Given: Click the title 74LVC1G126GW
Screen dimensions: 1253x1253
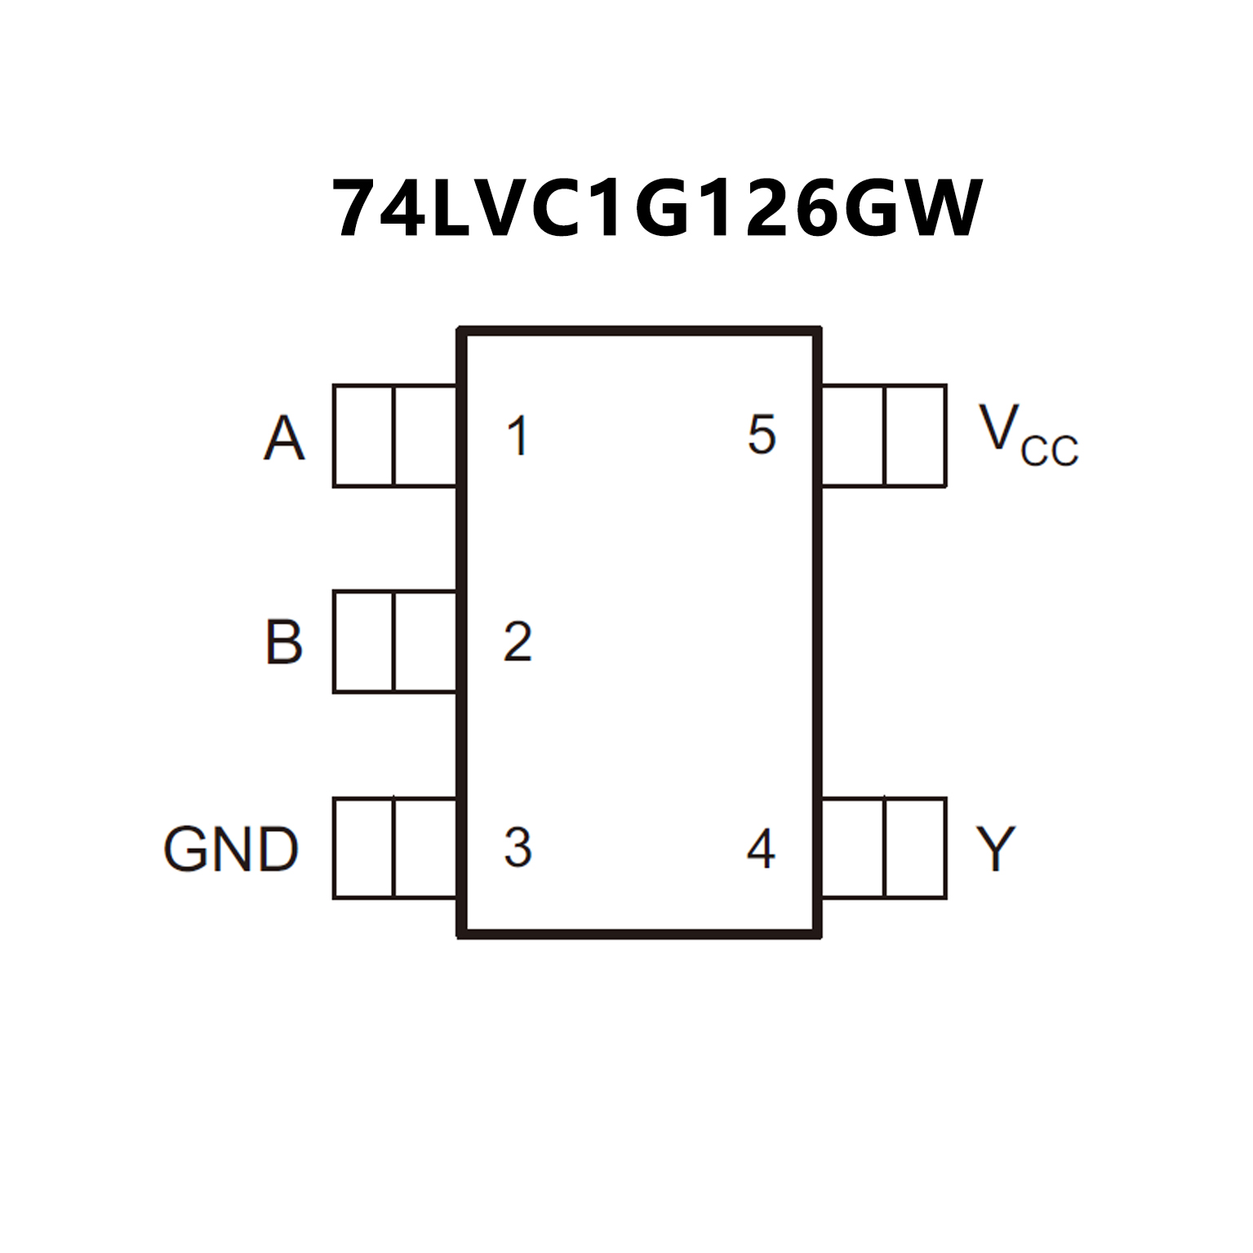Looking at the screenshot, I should pos(657,208).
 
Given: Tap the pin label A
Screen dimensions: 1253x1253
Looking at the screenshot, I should pos(284,438).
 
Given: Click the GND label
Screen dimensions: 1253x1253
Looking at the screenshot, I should pos(231,849).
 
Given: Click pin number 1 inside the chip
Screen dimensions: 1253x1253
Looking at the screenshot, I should pos(518,436).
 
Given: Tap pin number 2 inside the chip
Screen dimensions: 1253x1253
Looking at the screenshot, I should pos(518,642).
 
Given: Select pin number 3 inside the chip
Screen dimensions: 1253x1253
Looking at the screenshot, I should pos(518,847).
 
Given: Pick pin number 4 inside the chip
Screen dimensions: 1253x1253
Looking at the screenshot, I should pos(760,849).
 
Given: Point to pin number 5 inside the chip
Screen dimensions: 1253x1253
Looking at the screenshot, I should pos(761,434).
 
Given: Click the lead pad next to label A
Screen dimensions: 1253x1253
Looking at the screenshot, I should pos(394,436).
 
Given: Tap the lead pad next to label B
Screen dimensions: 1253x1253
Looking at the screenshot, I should pos(394,642).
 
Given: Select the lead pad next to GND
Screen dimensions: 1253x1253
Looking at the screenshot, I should pos(394,847).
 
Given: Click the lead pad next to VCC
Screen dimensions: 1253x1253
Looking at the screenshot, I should pos(884,436).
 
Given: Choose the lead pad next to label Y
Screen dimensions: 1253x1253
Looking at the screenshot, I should pos(884,847).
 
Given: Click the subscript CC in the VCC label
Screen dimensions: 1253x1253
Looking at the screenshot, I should pos(1049,451).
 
